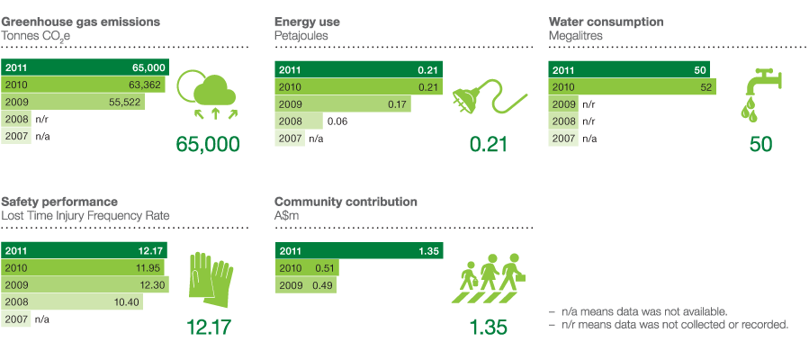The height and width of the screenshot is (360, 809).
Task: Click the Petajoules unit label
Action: [301, 36]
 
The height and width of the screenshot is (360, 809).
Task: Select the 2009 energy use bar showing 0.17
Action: [342, 103]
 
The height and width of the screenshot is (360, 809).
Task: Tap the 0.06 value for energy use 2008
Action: [337, 121]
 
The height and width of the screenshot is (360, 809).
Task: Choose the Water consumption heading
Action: [606, 21]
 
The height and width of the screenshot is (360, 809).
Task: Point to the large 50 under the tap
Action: [761, 144]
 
